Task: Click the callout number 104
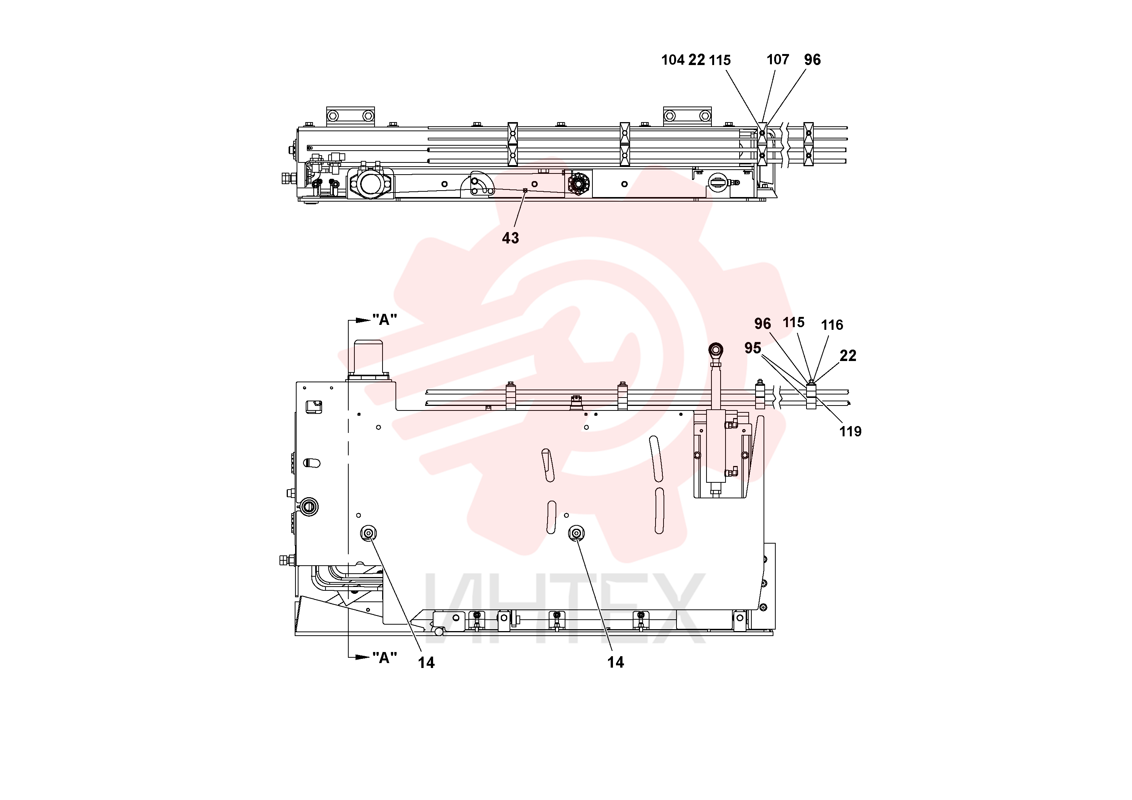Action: [x=673, y=60]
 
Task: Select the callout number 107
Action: [x=778, y=59]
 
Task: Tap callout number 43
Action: [x=510, y=238]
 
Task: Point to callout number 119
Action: [x=850, y=431]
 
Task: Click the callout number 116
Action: [x=832, y=325]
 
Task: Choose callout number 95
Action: [x=753, y=348]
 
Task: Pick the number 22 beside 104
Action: [x=697, y=60]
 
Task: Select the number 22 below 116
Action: [x=848, y=356]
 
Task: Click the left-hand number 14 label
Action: [x=427, y=662]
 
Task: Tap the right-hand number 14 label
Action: [x=615, y=662]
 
